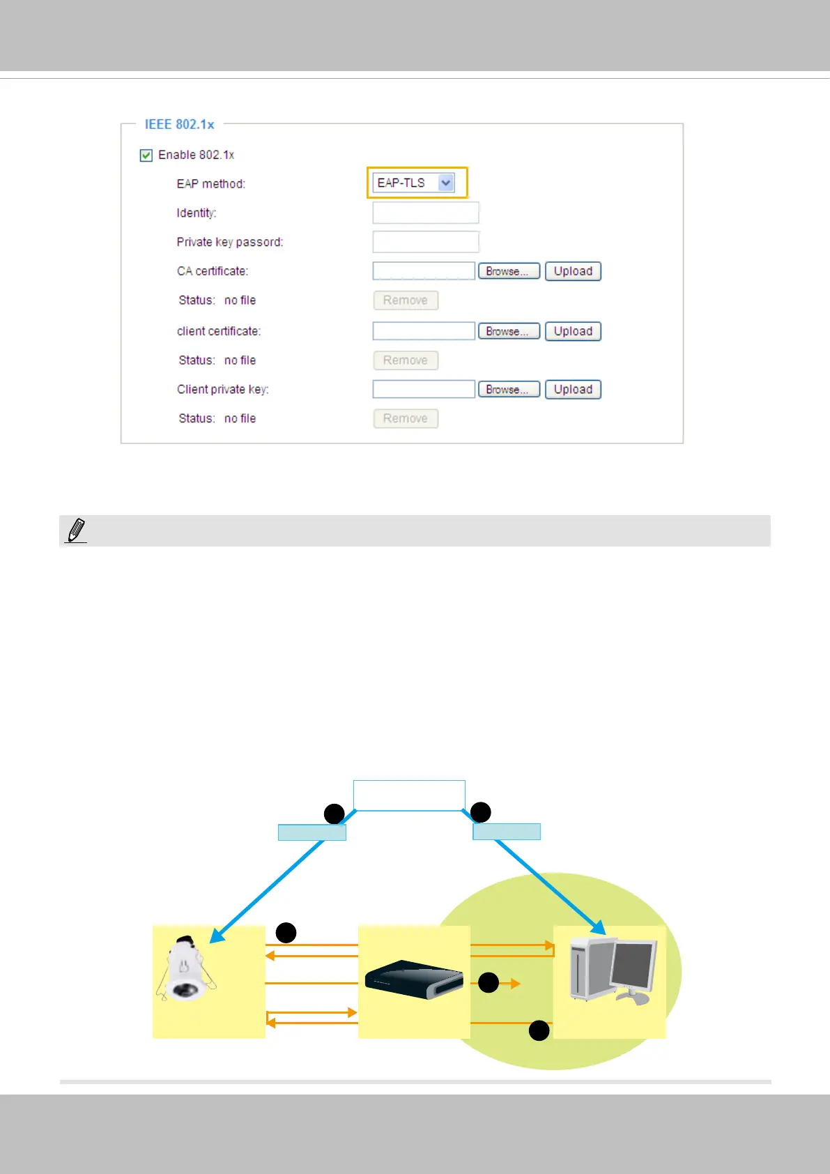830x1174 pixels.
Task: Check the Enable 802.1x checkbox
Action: tap(146, 155)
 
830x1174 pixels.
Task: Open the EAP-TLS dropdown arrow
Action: tap(446, 183)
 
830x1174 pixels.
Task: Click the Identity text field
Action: tap(426, 213)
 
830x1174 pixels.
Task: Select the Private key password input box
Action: tap(426, 242)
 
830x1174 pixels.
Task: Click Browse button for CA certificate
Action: tap(509, 271)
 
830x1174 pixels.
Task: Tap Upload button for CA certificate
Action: tap(573, 271)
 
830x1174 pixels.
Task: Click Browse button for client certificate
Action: tap(509, 331)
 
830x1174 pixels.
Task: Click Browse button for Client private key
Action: tap(509, 390)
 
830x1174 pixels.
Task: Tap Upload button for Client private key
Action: tap(573, 390)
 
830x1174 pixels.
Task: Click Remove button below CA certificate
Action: tap(406, 300)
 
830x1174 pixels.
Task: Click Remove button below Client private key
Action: tap(406, 418)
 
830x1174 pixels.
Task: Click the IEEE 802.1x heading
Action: tap(179, 125)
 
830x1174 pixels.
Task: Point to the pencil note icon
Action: tap(76, 531)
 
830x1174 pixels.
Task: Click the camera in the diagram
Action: tap(185, 970)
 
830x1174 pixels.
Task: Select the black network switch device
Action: tap(414, 979)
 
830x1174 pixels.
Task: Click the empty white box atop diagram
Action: tap(409, 795)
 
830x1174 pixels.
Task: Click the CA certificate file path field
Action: tap(424, 271)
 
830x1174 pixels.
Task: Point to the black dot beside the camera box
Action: tap(286, 933)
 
